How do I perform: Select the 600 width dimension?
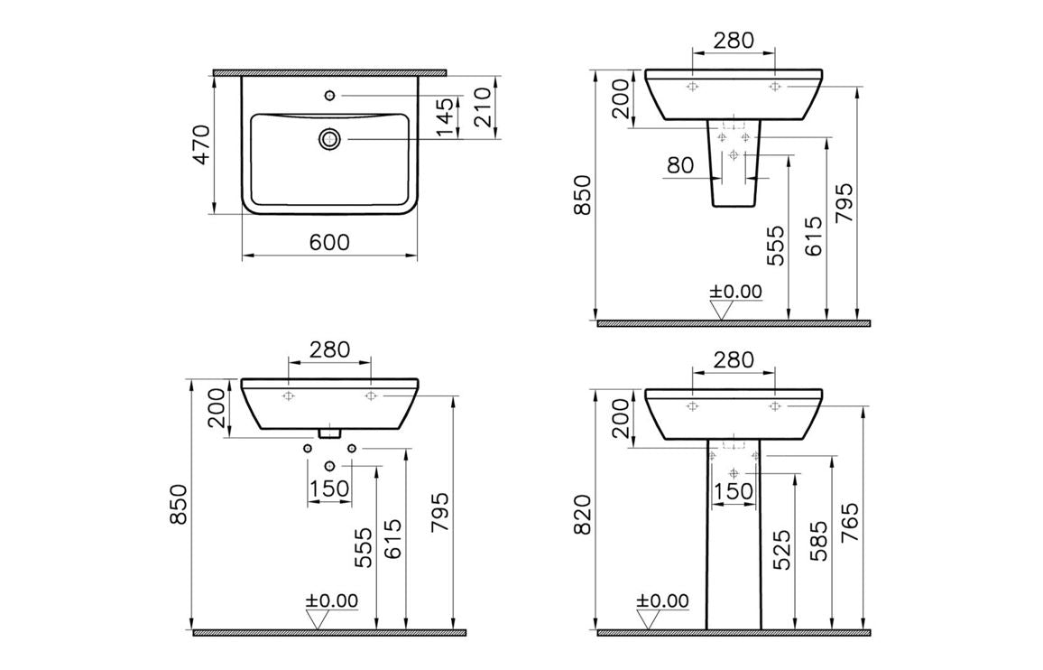[x=329, y=242]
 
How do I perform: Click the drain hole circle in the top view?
[x=329, y=139]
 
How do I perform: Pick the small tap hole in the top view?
[x=329, y=94]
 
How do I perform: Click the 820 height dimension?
[x=582, y=514]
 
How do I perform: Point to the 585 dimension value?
[x=817, y=540]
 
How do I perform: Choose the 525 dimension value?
[x=780, y=550]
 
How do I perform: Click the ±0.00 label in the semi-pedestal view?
[x=735, y=291]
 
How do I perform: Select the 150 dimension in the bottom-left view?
[x=329, y=489]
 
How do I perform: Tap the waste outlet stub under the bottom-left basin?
[x=331, y=433]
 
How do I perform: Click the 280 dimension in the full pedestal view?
[x=733, y=359]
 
